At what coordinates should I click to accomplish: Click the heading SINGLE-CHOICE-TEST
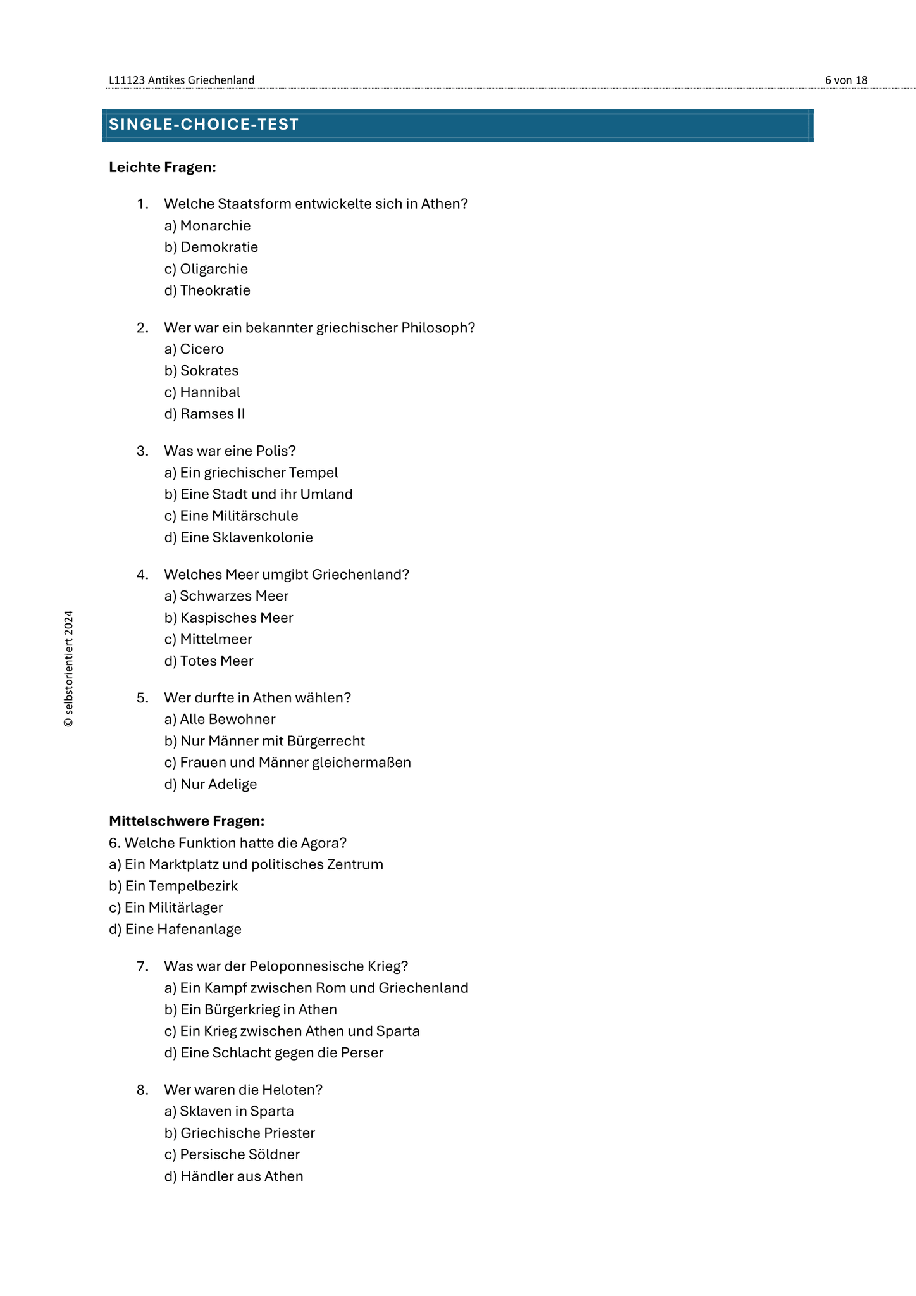click(204, 125)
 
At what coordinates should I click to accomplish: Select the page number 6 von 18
click(846, 80)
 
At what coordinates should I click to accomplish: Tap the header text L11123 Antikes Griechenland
click(182, 80)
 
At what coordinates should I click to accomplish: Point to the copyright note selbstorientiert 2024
click(69, 668)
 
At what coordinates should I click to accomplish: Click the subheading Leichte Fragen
click(163, 168)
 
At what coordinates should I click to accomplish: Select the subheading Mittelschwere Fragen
click(187, 821)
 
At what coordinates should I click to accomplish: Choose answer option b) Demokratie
click(211, 247)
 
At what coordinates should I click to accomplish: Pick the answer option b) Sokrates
click(202, 371)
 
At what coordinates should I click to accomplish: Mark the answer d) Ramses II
click(205, 414)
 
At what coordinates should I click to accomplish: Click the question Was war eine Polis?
click(230, 451)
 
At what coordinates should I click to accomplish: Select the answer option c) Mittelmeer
click(208, 640)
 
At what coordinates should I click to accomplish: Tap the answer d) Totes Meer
click(209, 661)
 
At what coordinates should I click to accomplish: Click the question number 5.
click(142, 698)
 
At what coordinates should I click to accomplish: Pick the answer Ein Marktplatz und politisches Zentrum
click(246, 864)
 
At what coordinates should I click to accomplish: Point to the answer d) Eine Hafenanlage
click(175, 930)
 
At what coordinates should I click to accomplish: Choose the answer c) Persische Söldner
click(232, 1155)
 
